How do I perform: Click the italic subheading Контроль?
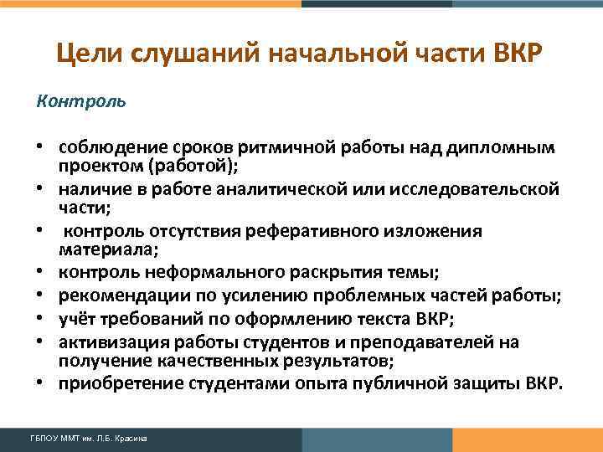(x=81, y=101)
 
